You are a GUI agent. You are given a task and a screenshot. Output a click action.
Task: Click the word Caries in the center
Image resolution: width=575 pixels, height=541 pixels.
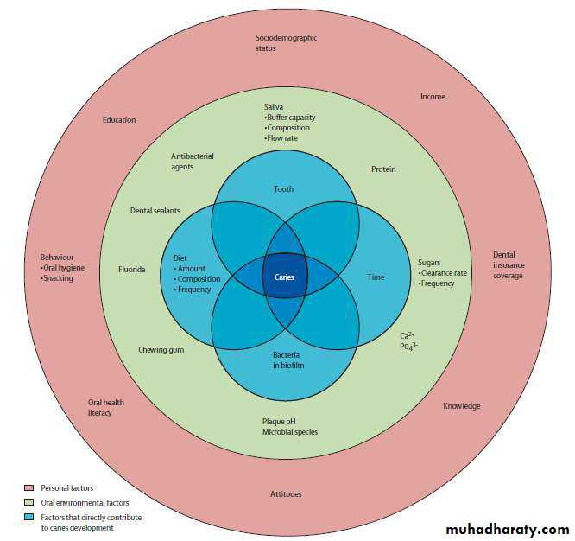click(x=285, y=277)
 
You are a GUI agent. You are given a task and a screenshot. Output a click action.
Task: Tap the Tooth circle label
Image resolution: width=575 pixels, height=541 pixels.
click(x=284, y=188)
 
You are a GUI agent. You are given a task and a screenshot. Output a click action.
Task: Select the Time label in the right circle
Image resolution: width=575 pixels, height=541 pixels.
click(x=376, y=277)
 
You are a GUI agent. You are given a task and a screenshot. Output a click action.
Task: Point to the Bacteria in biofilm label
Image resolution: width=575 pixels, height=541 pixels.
click(x=285, y=360)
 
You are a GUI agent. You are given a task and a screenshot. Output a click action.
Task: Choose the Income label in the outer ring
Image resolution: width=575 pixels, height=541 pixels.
click(x=433, y=97)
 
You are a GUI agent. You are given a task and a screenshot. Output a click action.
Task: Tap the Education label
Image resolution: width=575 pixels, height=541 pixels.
click(x=119, y=120)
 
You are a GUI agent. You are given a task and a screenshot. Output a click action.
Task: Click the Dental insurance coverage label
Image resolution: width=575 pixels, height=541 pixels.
click(x=509, y=265)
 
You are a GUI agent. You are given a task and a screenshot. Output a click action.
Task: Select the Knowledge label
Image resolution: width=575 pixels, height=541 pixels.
click(x=462, y=406)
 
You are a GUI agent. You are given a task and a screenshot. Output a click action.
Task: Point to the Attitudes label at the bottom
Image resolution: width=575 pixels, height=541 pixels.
click(x=285, y=493)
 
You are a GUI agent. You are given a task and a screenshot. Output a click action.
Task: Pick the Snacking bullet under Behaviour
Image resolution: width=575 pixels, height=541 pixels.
click(x=58, y=278)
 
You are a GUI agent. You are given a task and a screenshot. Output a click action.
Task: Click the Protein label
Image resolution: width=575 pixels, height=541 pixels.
click(x=383, y=169)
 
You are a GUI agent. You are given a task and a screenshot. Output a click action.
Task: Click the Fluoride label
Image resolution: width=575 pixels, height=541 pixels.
click(x=132, y=270)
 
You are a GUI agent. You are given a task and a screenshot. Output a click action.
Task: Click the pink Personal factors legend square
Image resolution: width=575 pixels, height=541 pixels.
click(x=28, y=488)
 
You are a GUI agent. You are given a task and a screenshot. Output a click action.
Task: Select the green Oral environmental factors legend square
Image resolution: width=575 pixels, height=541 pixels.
click(x=28, y=502)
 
